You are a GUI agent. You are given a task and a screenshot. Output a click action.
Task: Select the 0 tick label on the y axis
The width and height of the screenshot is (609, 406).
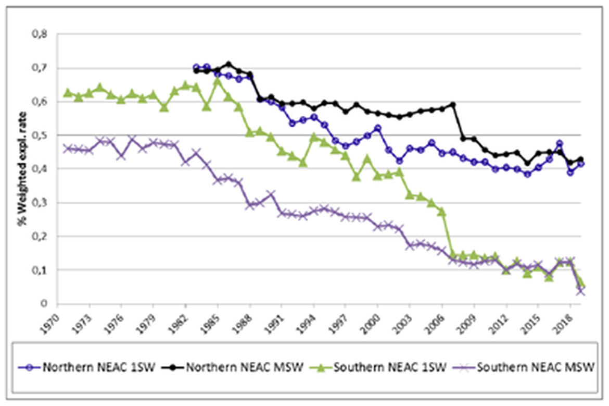point(45,304)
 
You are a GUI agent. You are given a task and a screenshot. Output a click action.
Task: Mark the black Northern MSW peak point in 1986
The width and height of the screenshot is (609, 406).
point(229,64)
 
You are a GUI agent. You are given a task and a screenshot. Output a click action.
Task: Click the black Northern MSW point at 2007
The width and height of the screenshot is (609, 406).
point(453,104)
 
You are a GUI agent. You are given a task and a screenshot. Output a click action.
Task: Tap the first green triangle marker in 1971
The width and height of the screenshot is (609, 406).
point(68,92)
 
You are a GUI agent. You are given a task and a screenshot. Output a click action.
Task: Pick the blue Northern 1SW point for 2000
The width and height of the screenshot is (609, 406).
point(378,128)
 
